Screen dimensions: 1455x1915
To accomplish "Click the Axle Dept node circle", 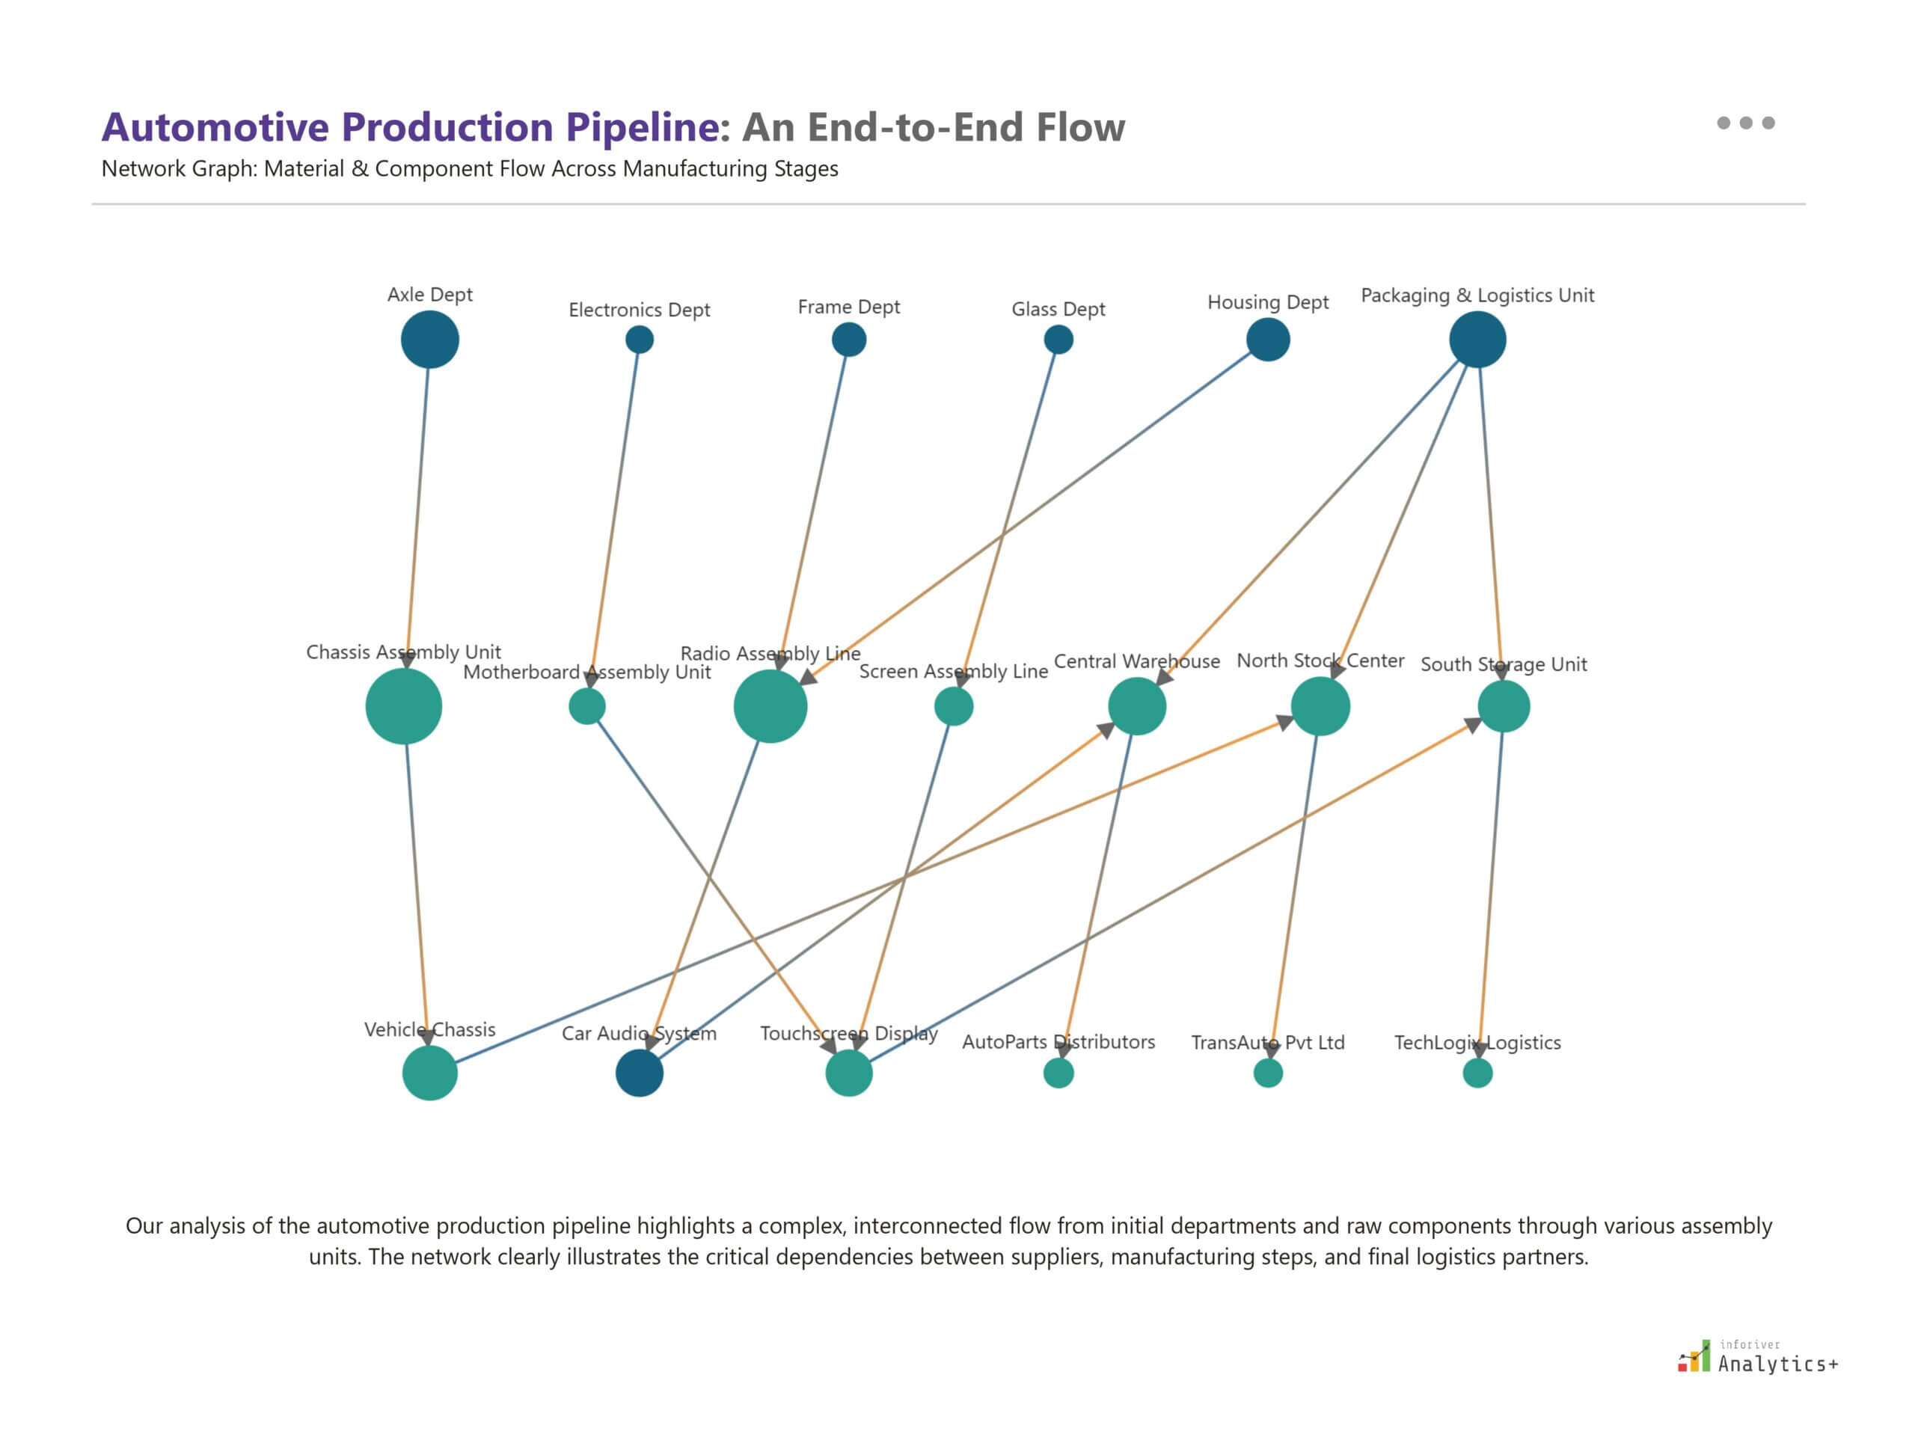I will click(x=429, y=340).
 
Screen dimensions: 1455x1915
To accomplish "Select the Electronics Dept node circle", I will click(x=639, y=340).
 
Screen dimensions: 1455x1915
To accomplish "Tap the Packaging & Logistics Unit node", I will click(x=1477, y=340).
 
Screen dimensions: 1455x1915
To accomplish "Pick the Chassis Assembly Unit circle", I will click(x=404, y=707).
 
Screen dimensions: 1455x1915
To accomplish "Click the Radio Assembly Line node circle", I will click(x=770, y=707).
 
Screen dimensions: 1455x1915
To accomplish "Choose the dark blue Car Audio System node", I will click(x=639, y=1073).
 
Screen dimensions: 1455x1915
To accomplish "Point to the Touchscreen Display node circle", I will click(x=849, y=1073).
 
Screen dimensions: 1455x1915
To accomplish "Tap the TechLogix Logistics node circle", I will click(x=1477, y=1073).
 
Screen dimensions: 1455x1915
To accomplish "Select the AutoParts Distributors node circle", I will click(x=1058, y=1073).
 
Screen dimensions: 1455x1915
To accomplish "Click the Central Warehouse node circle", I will click(x=1136, y=707).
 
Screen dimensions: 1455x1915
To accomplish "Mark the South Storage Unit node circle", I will click(x=1504, y=707).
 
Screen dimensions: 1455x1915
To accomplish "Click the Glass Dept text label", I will click(x=1058, y=309).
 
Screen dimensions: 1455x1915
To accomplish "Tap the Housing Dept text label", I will click(x=1267, y=302).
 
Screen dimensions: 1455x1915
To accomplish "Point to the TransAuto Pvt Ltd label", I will click(x=1267, y=1043).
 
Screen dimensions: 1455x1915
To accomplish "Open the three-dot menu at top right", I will click(x=1745, y=123).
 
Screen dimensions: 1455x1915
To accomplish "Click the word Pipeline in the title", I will click(x=643, y=127).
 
